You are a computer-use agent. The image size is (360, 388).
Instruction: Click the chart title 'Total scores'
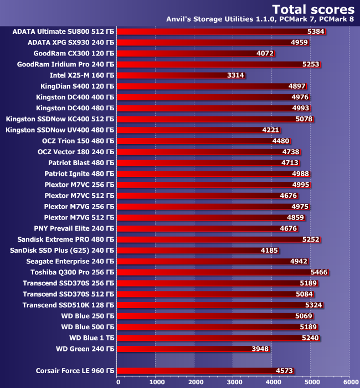(x=313, y=9)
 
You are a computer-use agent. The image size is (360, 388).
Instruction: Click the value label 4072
(x=265, y=53)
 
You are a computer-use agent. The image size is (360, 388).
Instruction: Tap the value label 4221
(x=270, y=130)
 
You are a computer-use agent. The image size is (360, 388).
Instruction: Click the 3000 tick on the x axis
(x=234, y=381)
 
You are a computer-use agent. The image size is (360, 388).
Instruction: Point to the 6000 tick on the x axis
(x=349, y=381)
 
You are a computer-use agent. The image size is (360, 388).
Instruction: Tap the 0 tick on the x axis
(x=118, y=381)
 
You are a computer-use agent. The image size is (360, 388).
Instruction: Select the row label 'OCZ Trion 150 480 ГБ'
(x=76, y=141)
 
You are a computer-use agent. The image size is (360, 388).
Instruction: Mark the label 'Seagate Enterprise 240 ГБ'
(x=70, y=261)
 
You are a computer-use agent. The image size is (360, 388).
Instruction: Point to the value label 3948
(x=260, y=348)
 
